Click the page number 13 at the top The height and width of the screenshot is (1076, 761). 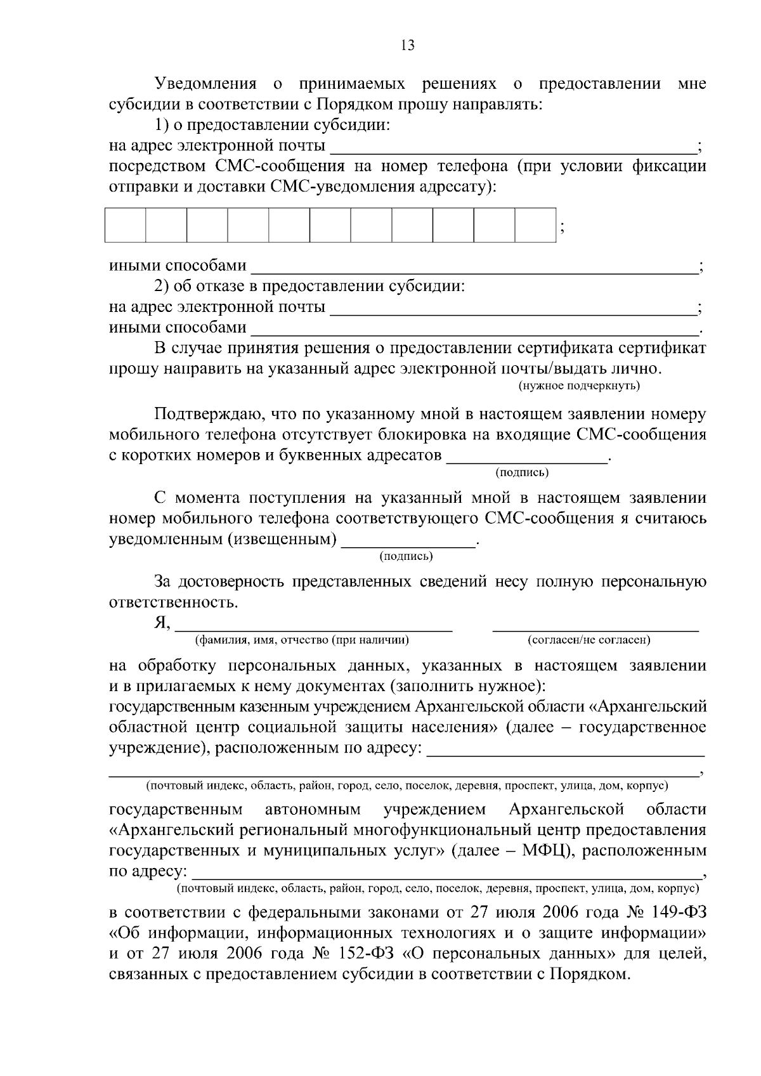[x=408, y=45]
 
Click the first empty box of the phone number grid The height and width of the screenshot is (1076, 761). [x=126, y=224]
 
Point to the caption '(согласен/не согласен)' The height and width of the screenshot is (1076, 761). [x=589, y=640]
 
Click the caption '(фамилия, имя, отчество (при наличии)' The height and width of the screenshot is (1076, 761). [x=302, y=640]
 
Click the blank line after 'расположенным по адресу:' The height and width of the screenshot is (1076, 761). [x=566, y=753]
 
